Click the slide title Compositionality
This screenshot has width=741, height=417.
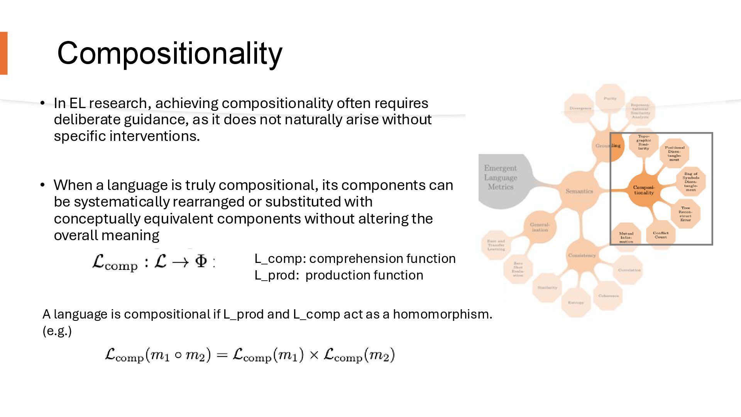(x=169, y=53)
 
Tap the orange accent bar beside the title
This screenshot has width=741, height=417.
(x=3, y=53)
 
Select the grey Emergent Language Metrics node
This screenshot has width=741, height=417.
(x=501, y=178)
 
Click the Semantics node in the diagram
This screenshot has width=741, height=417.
(x=579, y=191)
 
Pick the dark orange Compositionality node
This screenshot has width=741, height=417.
(x=644, y=190)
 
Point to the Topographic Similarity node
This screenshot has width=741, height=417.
(x=643, y=142)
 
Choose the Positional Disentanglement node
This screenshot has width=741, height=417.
(x=674, y=153)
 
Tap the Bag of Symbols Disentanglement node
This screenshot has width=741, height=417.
(x=690, y=181)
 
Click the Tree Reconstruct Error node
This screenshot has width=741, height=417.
(x=685, y=214)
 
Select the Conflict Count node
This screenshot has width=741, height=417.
(x=660, y=235)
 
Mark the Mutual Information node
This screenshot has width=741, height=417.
(x=626, y=237)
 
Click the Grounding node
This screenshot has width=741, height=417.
(x=608, y=146)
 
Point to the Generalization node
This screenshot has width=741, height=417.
(x=540, y=227)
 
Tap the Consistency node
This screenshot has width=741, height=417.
(x=582, y=255)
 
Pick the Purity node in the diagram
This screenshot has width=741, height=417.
(x=610, y=98)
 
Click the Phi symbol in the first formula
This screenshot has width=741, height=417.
(x=201, y=261)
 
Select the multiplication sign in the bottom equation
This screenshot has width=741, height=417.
(x=314, y=355)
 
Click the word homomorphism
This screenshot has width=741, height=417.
(x=442, y=314)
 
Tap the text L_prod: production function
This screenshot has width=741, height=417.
(x=338, y=275)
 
